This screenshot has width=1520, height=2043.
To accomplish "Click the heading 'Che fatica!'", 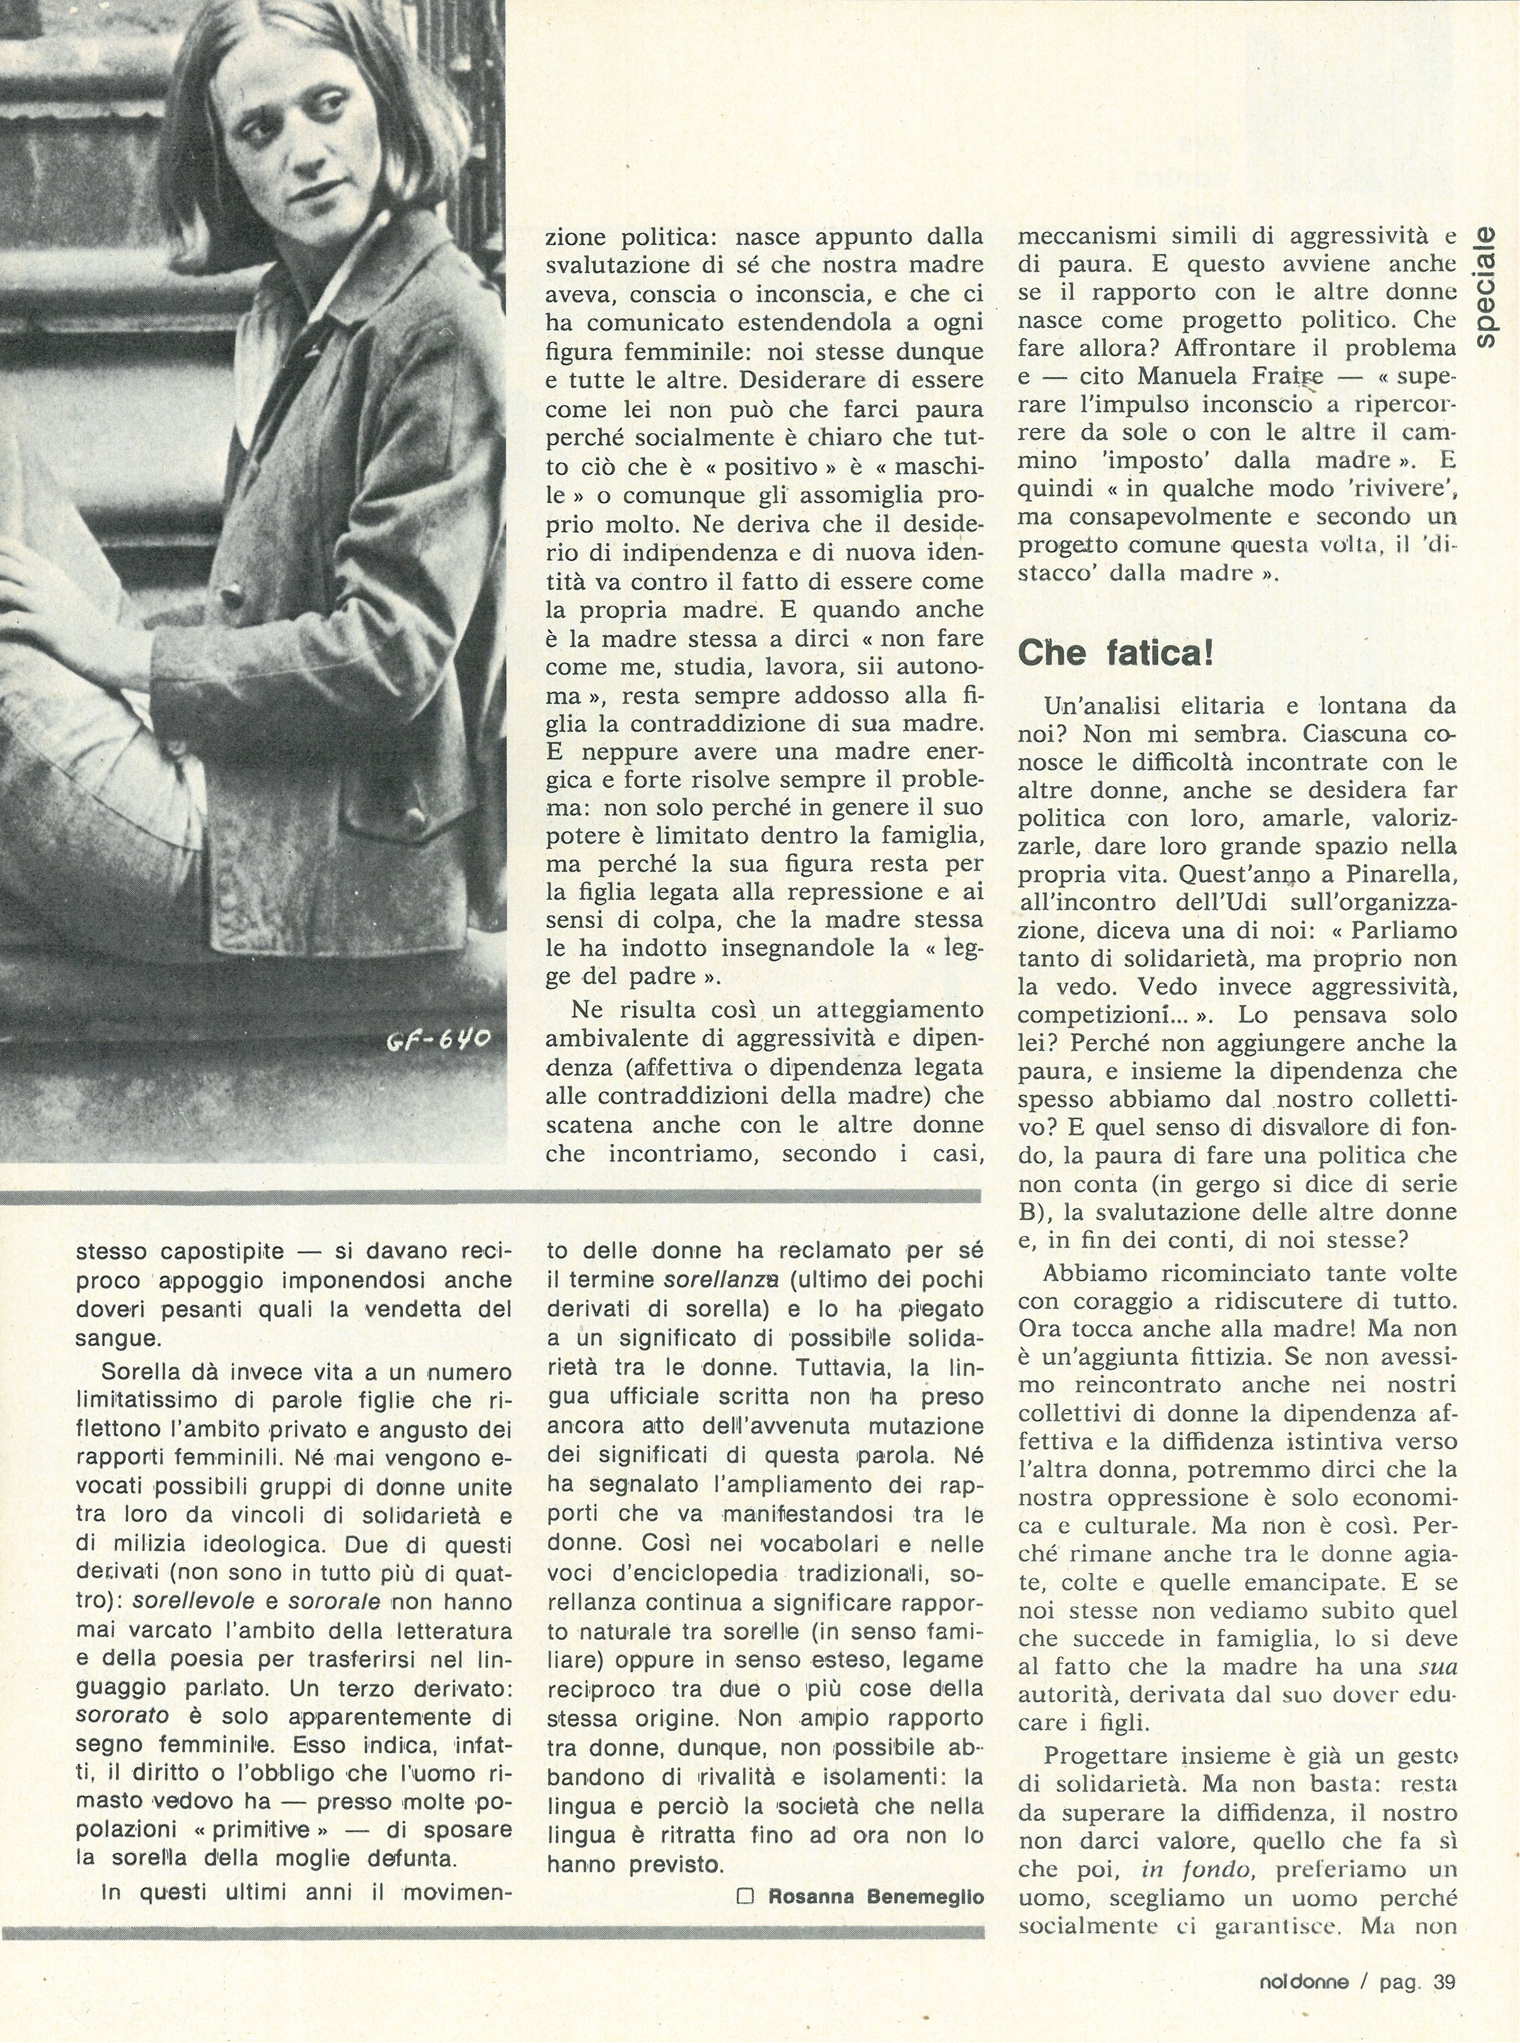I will [x=1115, y=654].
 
